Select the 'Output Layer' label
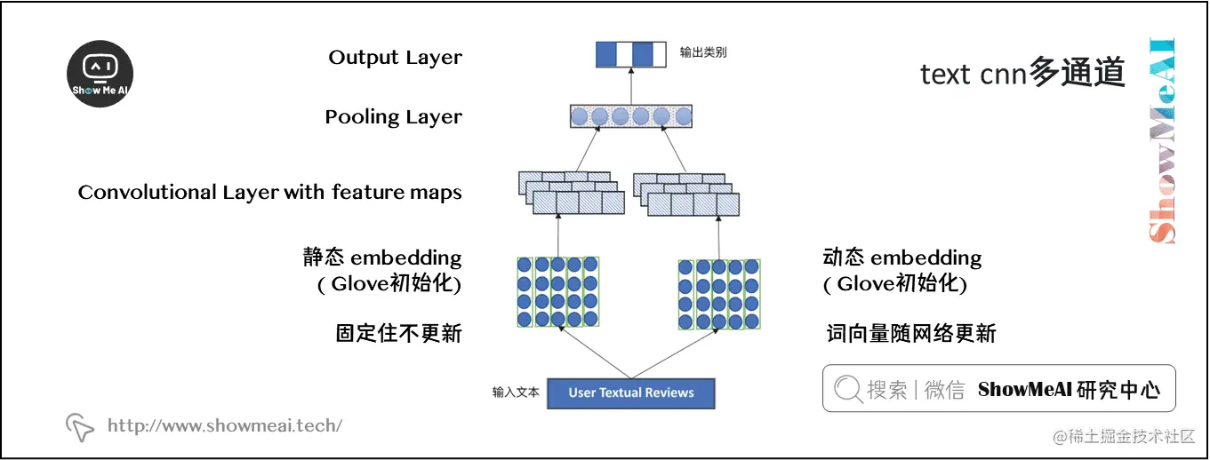tap(395, 58)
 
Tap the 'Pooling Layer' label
tap(393, 117)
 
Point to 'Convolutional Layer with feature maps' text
tap(269, 193)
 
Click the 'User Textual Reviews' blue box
tap(630, 393)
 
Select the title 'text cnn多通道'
tap(1022, 74)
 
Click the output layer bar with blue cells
tap(630, 54)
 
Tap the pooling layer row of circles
tap(630, 116)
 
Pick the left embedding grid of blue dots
tap(558, 291)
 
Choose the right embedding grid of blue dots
tap(719, 293)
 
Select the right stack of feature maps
tap(685, 194)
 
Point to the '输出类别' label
tap(703, 52)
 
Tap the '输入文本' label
tap(516, 393)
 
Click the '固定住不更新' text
tap(398, 334)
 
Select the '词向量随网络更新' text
tap(910, 334)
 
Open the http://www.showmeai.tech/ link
tap(224, 425)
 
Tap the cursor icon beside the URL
tap(80, 427)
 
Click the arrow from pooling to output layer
tap(630, 86)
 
